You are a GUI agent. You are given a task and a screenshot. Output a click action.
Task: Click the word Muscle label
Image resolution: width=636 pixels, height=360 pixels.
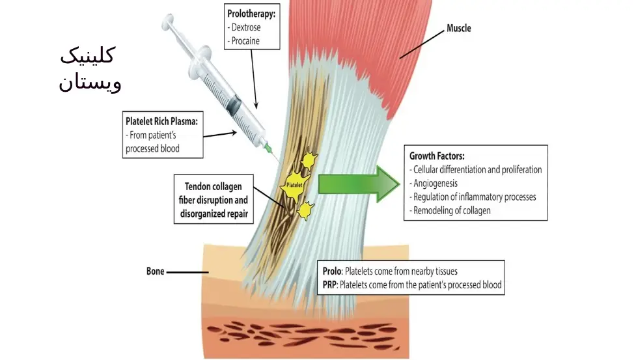[x=458, y=29]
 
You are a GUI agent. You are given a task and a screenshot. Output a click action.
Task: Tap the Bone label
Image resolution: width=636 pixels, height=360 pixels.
[x=156, y=271]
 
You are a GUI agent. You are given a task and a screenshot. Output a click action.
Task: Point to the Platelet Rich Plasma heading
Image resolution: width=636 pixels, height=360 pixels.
[x=162, y=121]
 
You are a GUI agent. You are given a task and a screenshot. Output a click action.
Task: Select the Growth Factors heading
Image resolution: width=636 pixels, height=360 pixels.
[x=436, y=156]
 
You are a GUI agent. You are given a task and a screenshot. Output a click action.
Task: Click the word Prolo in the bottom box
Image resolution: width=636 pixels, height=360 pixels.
[x=332, y=271]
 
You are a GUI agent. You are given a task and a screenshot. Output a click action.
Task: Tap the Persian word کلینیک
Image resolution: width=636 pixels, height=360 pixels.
[x=87, y=57]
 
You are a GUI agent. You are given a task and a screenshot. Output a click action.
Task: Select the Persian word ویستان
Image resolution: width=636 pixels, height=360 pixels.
[x=90, y=83]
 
